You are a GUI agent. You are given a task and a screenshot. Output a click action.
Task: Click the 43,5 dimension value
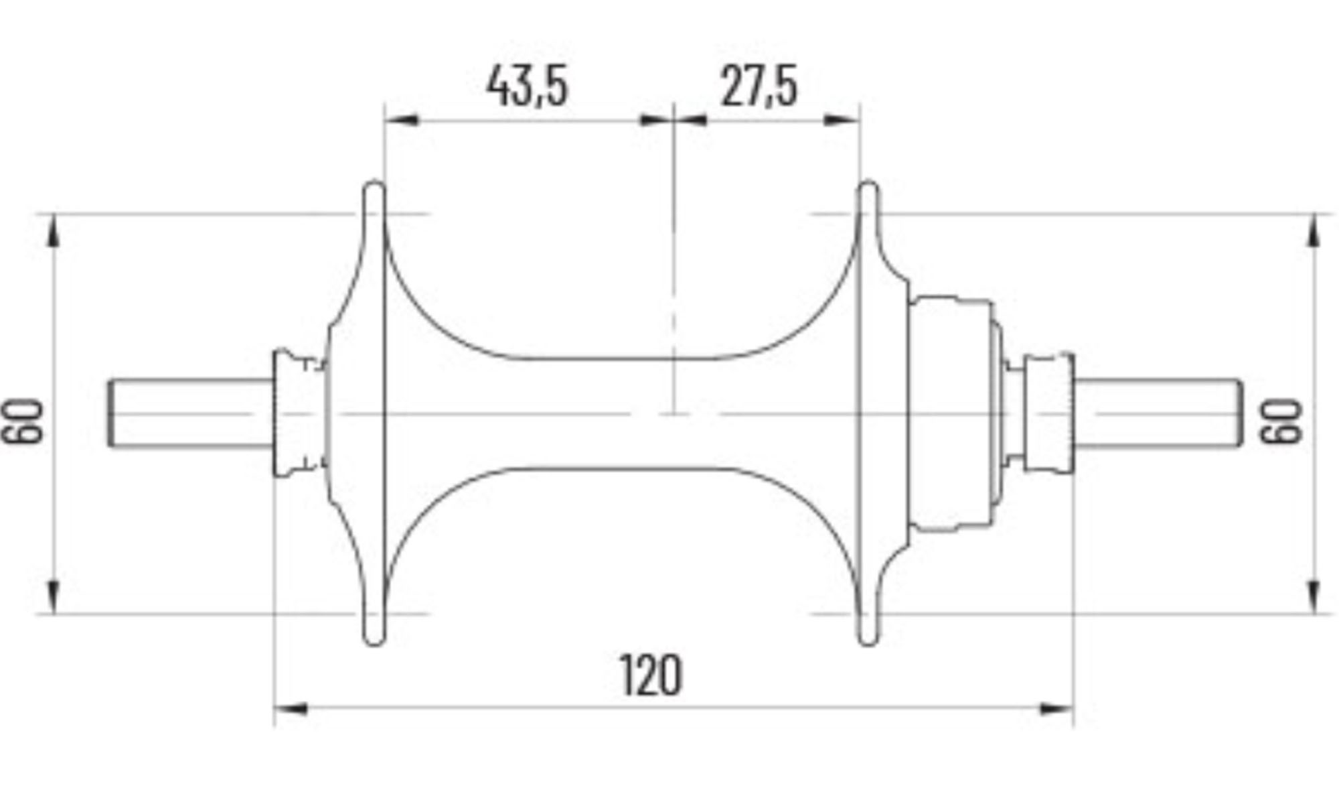click(x=528, y=86)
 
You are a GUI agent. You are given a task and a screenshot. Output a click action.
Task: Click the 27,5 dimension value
click(x=759, y=86)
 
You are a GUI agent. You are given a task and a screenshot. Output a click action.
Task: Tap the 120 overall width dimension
click(x=651, y=675)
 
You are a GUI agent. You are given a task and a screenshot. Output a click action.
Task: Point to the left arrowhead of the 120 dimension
click(x=291, y=708)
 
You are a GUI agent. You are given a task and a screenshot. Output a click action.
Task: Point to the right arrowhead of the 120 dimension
click(x=1056, y=708)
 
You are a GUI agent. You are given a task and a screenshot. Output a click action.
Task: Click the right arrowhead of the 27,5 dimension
click(x=842, y=120)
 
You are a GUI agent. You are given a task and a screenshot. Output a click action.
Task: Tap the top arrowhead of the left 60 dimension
click(x=54, y=231)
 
